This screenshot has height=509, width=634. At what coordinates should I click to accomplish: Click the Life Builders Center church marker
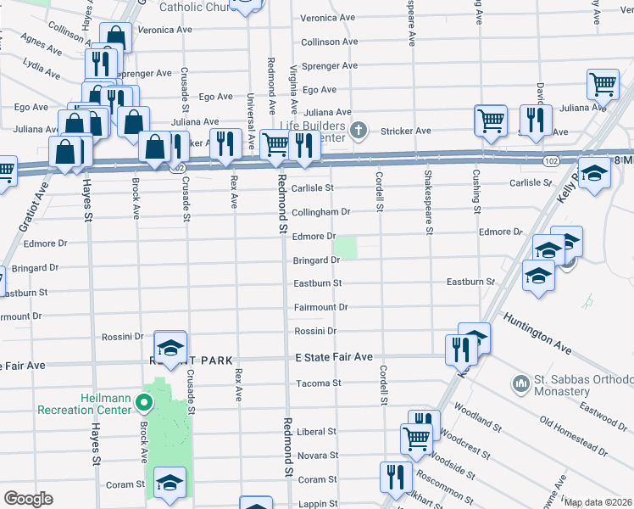[359, 130]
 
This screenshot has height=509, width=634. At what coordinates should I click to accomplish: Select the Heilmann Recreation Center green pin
[145, 404]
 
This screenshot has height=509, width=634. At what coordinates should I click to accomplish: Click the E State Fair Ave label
[334, 357]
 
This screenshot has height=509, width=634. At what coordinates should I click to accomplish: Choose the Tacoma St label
[318, 383]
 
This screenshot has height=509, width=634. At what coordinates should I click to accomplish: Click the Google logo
[29, 499]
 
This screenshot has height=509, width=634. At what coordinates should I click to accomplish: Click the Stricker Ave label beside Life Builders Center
[406, 131]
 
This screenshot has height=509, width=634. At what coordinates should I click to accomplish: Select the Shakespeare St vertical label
[429, 202]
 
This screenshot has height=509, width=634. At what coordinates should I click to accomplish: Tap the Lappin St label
[318, 504]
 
